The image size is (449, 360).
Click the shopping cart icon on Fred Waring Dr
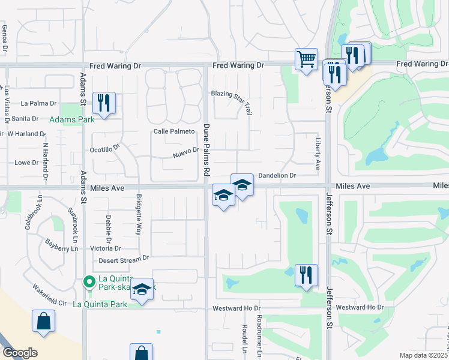point(306,59)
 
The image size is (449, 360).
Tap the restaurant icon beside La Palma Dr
point(104,103)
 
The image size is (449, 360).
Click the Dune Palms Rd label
point(205,150)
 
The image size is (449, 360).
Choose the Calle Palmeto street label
point(174,131)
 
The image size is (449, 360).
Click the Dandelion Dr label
point(277,175)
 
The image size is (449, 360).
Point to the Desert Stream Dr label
point(124,258)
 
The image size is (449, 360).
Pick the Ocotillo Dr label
point(105,148)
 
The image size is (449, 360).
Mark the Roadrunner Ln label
point(259,335)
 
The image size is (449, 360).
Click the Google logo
point(19,353)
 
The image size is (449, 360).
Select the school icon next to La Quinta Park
point(142,290)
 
